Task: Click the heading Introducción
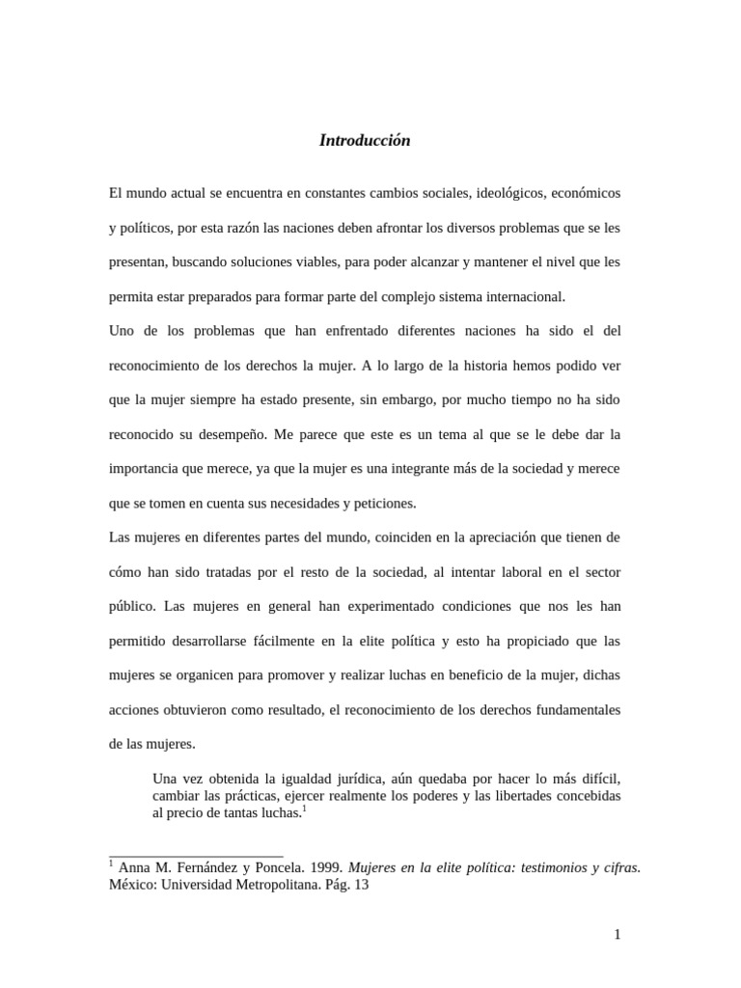tap(365, 141)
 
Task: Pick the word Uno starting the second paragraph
tap(123, 331)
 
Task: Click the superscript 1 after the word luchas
tap(303, 809)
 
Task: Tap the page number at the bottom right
tap(617, 934)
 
